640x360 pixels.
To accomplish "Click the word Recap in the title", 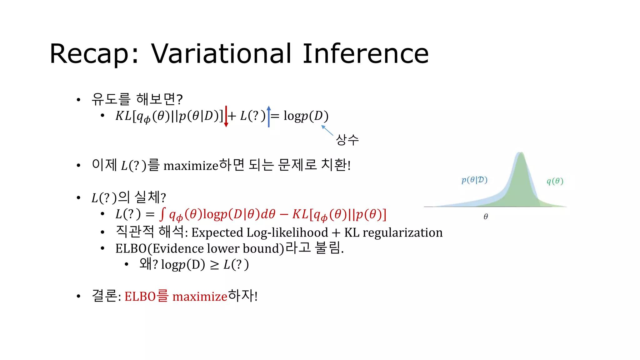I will coord(89,54).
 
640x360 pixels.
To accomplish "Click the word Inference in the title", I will coord(366,54).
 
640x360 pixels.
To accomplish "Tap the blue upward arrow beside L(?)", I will coord(269,117).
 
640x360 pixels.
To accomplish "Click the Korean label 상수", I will coord(347,140).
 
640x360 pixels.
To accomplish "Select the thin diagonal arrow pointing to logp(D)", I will coord(327,130).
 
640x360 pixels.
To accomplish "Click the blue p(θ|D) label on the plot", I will coord(474,180).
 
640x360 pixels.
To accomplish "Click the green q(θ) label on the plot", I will coord(555,181).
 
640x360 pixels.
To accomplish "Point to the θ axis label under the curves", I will coord(486,216).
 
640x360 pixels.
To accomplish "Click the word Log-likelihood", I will coord(287,232).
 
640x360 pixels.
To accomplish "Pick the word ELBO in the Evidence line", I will coord(131,249).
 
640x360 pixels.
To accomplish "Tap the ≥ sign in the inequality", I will coord(214,265).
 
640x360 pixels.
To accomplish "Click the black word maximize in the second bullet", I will coord(191,166).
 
